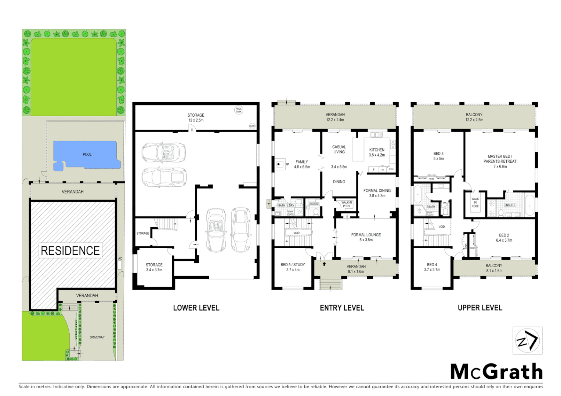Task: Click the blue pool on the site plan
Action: pyautogui.click(x=87, y=155)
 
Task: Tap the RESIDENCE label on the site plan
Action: pyautogui.click(x=70, y=251)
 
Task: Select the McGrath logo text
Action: pyautogui.click(x=496, y=372)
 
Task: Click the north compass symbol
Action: pyautogui.click(x=527, y=341)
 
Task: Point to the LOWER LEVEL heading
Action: pyautogui.click(x=196, y=308)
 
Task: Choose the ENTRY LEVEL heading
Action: pyautogui.click(x=342, y=308)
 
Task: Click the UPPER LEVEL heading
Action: pyautogui.click(x=479, y=308)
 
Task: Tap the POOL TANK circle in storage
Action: pyautogui.click(x=239, y=110)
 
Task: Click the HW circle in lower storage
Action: pyautogui.click(x=252, y=126)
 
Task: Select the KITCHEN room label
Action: pyautogui.click(x=377, y=150)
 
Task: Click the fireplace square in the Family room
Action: pyautogui.click(x=280, y=165)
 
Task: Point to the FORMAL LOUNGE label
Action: pyautogui.click(x=366, y=235)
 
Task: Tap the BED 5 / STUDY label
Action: pyautogui.click(x=293, y=265)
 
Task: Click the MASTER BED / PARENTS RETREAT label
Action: pyautogui.click(x=500, y=159)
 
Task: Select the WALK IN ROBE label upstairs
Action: pyautogui.click(x=475, y=202)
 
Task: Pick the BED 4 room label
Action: pyautogui.click(x=432, y=265)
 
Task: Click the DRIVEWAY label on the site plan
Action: pyautogui.click(x=97, y=337)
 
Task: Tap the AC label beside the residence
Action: pyautogui.click(x=120, y=258)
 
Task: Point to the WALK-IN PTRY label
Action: pyautogui.click(x=347, y=204)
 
